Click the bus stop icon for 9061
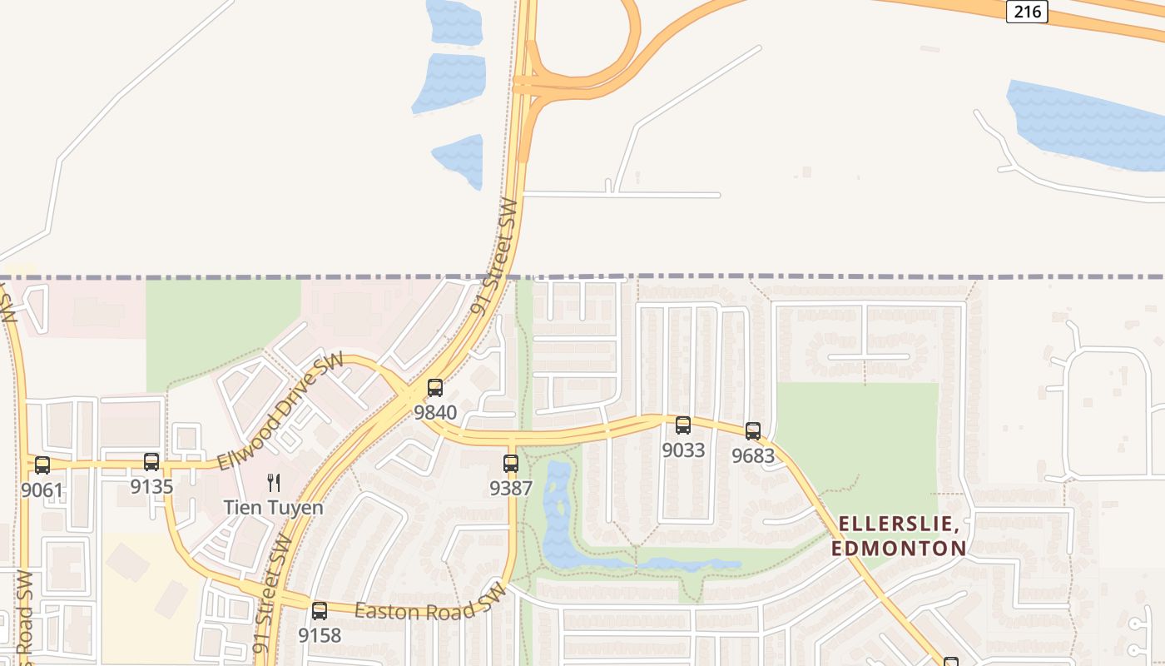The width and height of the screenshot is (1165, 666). (42, 465)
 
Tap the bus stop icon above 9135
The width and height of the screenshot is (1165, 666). (151, 461)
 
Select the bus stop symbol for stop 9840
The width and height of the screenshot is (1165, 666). (435, 387)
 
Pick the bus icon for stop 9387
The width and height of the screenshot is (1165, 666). (511, 463)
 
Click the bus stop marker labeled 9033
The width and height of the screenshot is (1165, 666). (683, 425)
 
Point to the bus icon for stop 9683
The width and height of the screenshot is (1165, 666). (753, 431)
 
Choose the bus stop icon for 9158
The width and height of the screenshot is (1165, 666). (320, 611)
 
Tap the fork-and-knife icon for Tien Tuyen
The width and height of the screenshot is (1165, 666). (273, 482)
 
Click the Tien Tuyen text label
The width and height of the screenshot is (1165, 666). (273, 507)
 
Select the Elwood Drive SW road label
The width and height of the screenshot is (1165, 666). (280, 410)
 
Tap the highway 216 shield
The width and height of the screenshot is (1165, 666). (1026, 11)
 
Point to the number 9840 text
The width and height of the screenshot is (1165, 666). (435, 412)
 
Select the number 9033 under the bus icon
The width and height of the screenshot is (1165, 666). (683, 450)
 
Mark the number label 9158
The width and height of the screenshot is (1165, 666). (320, 636)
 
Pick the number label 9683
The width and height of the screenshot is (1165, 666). (753, 456)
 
